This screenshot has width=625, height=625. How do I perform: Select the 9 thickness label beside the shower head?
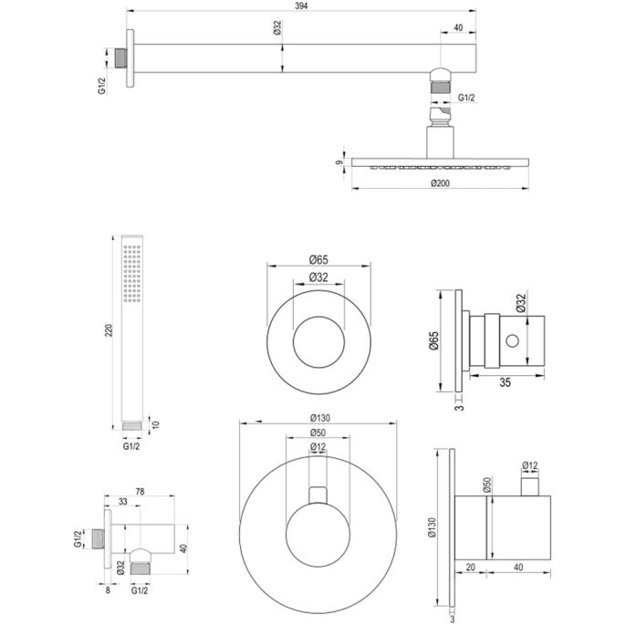click(x=339, y=164)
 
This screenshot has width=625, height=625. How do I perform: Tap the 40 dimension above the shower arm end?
click(x=461, y=27)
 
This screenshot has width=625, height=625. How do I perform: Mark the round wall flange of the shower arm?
click(x=132, y=58)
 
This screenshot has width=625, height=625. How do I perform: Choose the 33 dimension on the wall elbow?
click(x=123, y=500)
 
